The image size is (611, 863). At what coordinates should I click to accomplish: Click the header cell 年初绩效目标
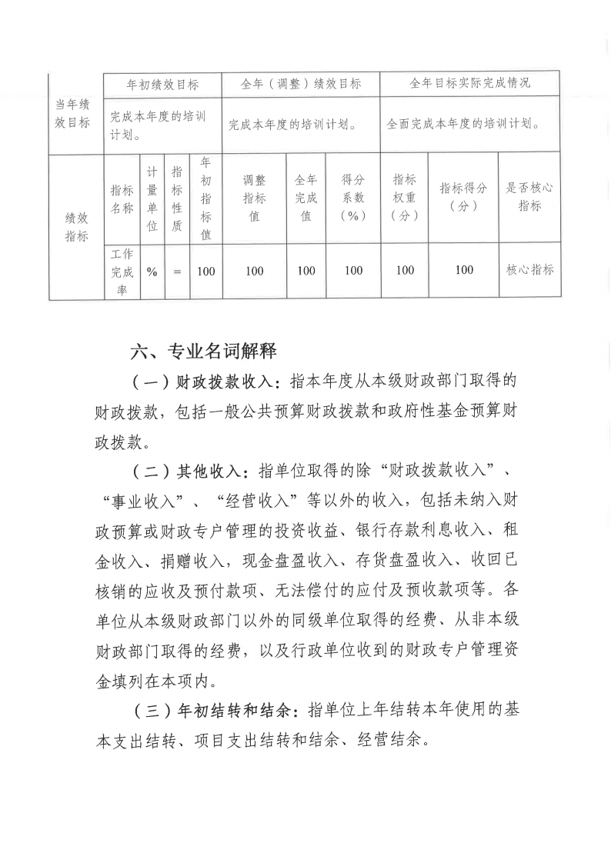tap(162, 83)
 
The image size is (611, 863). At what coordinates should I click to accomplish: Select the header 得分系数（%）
tap(353, 198)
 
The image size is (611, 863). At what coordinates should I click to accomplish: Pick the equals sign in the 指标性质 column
tap(177, 271)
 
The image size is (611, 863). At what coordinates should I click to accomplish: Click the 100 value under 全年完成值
tap(305, 271)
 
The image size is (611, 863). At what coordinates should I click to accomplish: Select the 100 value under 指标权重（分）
tap(405, 270)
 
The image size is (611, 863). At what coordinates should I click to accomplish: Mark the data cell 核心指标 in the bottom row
tap(529, 270)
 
